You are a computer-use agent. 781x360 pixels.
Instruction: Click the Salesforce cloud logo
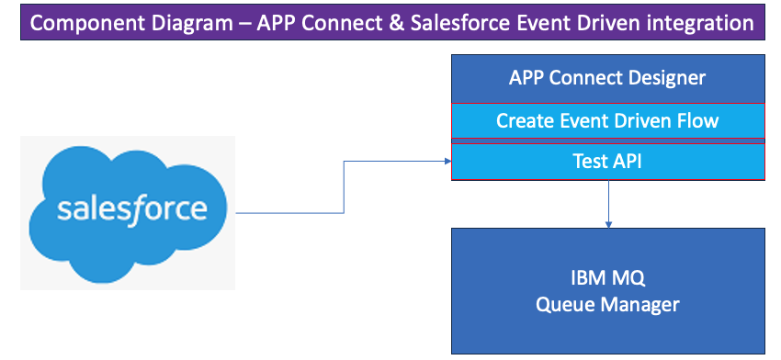128,214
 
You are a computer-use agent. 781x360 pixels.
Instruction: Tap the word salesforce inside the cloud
131,209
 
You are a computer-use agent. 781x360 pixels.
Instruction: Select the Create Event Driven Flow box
607,121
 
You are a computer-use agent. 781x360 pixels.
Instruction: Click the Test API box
607,162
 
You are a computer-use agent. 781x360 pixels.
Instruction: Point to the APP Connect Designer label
607,78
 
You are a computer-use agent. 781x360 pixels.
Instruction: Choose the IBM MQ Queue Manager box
607,291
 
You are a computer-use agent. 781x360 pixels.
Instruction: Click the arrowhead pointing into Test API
447,162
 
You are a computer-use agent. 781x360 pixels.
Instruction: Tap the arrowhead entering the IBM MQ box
608,224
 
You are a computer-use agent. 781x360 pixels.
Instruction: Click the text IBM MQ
607,278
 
